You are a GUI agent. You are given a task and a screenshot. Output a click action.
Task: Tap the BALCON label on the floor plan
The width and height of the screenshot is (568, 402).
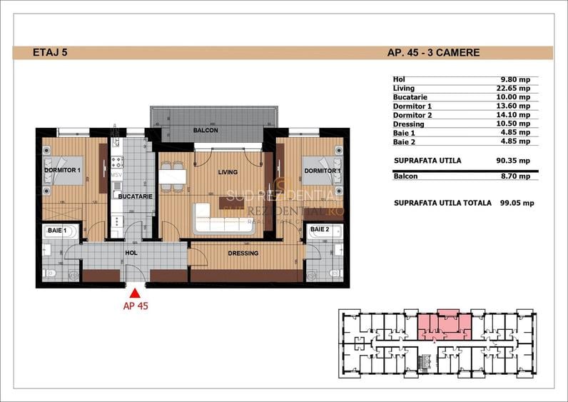tap(206, 131)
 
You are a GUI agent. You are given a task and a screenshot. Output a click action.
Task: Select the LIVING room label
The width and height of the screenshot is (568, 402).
tap(228, 172)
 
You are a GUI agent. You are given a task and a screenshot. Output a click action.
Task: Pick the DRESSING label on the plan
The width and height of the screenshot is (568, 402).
tap(243, 253)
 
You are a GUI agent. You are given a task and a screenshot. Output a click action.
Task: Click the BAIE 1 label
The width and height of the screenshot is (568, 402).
tap(56, 231)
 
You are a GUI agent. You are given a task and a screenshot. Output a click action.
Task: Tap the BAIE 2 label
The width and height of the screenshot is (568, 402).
tap(319, 230)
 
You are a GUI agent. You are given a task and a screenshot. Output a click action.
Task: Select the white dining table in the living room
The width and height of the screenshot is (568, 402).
tap(173, 176)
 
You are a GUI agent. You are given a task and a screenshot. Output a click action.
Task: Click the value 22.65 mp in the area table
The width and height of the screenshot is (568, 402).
tap(515, 88)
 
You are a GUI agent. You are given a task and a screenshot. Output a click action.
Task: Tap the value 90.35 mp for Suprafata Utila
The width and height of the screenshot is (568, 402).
tap(515, 161)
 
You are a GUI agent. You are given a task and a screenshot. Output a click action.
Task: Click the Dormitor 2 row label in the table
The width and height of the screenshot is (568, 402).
tap(412, 114)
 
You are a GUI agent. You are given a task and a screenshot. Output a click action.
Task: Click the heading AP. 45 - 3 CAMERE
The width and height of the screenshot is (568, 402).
tap(432, 53)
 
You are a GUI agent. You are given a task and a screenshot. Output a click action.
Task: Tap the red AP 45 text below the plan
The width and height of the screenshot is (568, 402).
tap(134, 305)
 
